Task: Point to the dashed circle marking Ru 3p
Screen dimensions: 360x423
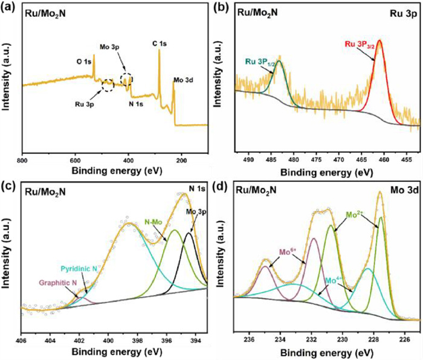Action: pyautogui.click(x=108, y=85)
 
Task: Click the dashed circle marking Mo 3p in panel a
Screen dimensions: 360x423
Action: pyautogui.click(x=127, y=79)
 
